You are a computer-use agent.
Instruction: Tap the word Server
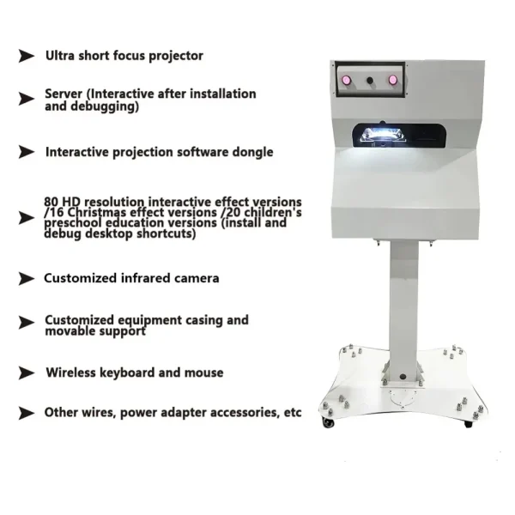(64, 94)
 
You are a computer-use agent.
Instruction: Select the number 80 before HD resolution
(51, 202)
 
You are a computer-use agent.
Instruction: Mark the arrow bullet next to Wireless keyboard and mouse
(27, 373)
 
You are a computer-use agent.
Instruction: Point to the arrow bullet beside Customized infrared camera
(27, 279)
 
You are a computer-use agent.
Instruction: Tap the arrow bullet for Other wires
(27, 413)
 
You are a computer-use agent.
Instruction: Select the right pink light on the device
(393, 80)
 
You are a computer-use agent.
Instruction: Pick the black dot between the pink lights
(370, 80)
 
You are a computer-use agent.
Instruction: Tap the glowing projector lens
(376, 132)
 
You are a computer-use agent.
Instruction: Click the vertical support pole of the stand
(403, 300)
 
